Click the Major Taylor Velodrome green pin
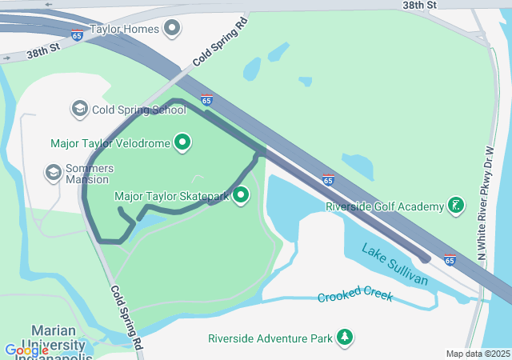[183, 143]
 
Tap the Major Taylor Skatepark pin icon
[240, 195]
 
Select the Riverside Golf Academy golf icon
[455, 206]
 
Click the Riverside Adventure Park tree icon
[346, 338]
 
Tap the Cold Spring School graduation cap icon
[79, 109]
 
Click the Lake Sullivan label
[394, 264]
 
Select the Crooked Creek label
[355, 297]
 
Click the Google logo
[26, 350]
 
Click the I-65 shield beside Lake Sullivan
[450, 259]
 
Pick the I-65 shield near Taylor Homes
[77, 35]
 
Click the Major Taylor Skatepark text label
[172, 196]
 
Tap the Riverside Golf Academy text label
[385, 206]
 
